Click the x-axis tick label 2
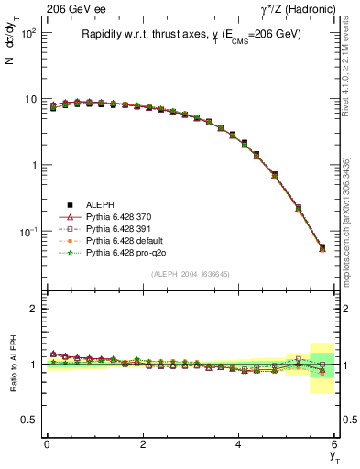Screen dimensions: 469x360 (143, 444)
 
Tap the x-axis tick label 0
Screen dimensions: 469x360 (47, 444)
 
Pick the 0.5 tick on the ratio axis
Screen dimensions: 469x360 (27, 420)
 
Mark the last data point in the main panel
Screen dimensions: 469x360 (322, 247)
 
